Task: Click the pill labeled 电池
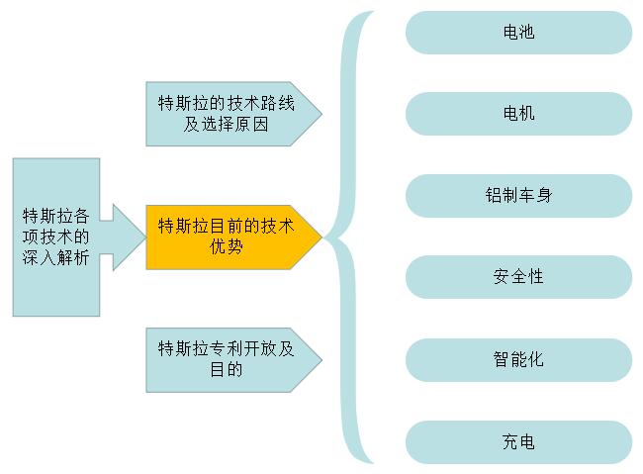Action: point(518,33)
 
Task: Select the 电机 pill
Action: point(518,114)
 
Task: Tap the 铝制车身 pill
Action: point(518,195)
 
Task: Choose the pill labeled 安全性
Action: point(518,277)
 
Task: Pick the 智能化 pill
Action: point(518,360)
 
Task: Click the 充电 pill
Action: point(518,442)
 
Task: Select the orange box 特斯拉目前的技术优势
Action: point(233,237)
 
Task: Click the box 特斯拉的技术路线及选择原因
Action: point(233,114)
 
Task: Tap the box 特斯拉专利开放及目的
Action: point(233,360)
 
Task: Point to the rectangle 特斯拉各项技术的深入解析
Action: point(56,237)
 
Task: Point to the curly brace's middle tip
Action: point(324,237)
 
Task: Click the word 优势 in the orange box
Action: point(226,247)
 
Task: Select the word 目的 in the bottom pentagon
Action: point(226,369)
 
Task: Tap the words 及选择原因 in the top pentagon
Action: point(226,124)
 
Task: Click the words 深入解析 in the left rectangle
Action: point(56,257)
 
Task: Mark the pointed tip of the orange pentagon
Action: point(321,237)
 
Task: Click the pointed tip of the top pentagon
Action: point(321,114)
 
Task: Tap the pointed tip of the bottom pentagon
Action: point(321,360)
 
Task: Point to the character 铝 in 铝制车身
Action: point(493,195)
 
